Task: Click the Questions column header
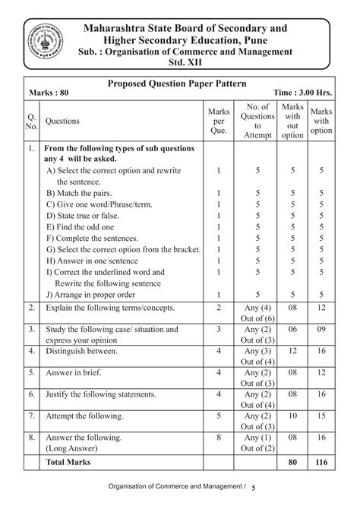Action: point(68,120)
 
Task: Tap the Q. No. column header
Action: point(32,120)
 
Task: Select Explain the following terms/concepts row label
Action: point(110,308)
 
